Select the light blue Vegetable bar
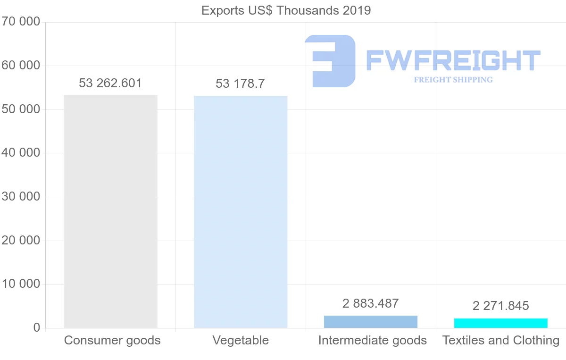tap(241, 212)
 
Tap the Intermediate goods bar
tap(371, 322)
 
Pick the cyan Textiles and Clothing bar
tap(501, 323)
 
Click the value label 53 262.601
tap(110, 84)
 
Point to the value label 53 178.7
tap(240, 84)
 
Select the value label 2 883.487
tap(371, 303)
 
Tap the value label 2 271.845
tap(501, 306)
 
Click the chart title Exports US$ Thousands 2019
tap(286, 10)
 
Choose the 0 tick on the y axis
tap(37, 328)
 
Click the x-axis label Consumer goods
tap(112, 340)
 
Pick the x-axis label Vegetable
tap(241, 340)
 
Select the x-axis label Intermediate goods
tap(373, 340)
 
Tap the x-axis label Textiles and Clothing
tap(501, 340)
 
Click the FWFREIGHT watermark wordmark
tap(453, 60)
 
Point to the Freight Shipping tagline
tap(453, 80)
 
